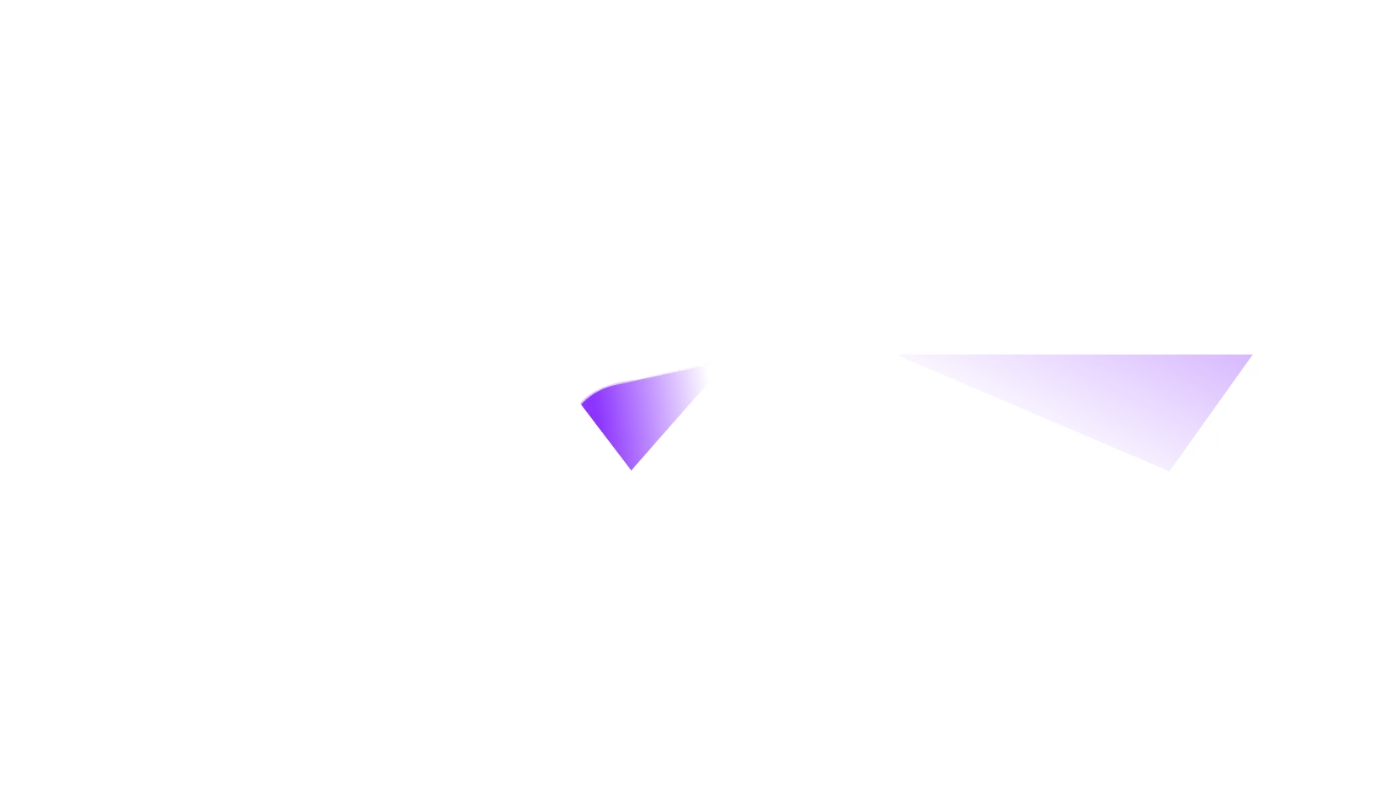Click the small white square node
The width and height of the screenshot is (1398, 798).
(x=728, y=253)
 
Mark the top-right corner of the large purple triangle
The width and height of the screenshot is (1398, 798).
(x=1251, y=355)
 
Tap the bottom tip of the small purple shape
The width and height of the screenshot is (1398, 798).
(x=632, y=468)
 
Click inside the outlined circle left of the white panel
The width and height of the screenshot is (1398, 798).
(x=737, y=529)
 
